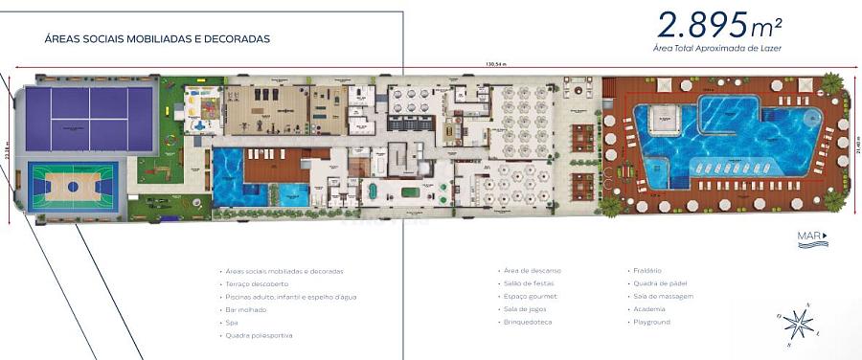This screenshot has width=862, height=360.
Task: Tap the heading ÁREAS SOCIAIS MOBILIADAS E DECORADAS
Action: pyautogui.click(x=157, y=39)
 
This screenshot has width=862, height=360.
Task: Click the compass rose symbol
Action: pyautogui.click(x=798, y=324)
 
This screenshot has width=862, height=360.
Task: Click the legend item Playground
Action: pyautogui.click(x=652, y=323)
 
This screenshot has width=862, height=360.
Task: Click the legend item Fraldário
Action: pyautogui.click(x=647, y=270)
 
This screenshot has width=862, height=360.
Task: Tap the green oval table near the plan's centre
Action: pyautogui.click(x=409, y=191)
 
